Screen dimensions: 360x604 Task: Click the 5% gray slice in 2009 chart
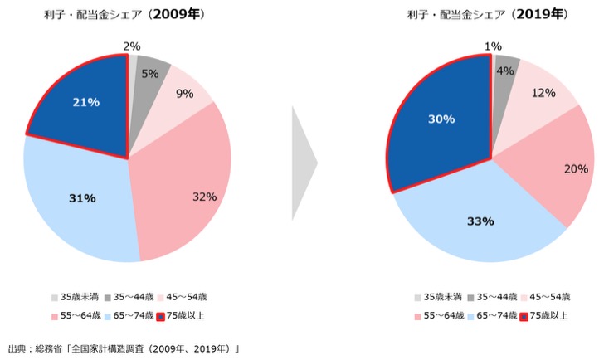[149, 73]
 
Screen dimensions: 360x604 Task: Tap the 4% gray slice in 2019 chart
[504, 70]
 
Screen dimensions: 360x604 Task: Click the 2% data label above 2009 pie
[131, 46]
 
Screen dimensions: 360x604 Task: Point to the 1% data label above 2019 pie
[493, 46]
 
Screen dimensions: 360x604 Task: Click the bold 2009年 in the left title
[178, 15]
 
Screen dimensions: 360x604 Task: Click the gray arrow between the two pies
[303, 162]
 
